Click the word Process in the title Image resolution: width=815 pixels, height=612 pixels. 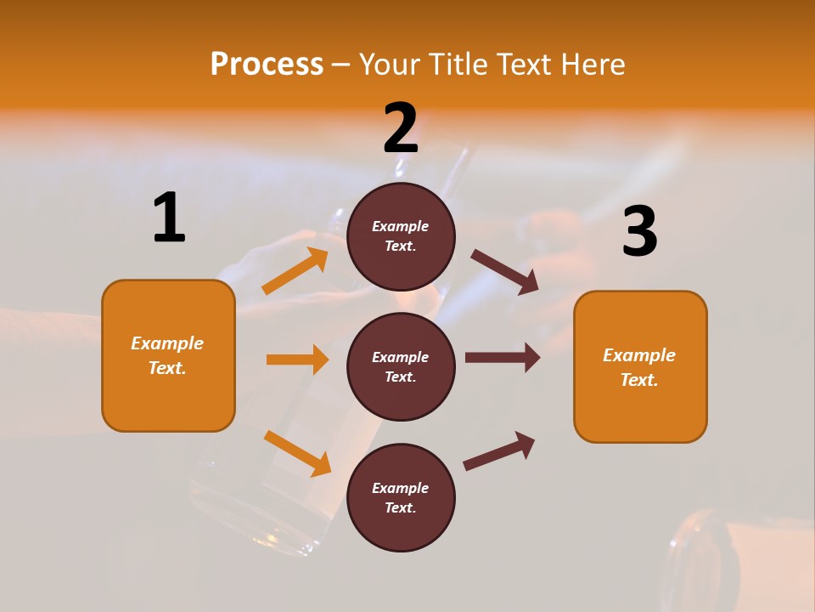[x=267, y=64]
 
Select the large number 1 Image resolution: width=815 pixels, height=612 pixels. [x=169, y=218]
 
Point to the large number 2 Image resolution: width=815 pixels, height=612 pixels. [x=401, y=128]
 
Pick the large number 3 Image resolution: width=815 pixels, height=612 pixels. [x=639, y=232]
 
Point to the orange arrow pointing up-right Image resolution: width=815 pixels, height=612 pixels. [x=295, y=271]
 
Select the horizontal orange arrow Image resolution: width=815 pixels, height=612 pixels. [x=297, y=360]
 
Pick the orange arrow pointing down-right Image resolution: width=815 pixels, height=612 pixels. [x=297, y=453]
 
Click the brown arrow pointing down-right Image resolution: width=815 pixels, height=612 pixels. [x=504, y=272]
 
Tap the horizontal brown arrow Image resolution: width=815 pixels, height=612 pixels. [x=502, y=357]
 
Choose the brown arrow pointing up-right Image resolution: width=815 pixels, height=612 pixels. [x=499, y=451]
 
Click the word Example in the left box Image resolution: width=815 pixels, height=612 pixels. [x=167, y=343]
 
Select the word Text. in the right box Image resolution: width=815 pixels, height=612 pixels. [x=639, y=380]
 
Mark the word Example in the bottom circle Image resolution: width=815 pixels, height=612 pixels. [x=401, y=488]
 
